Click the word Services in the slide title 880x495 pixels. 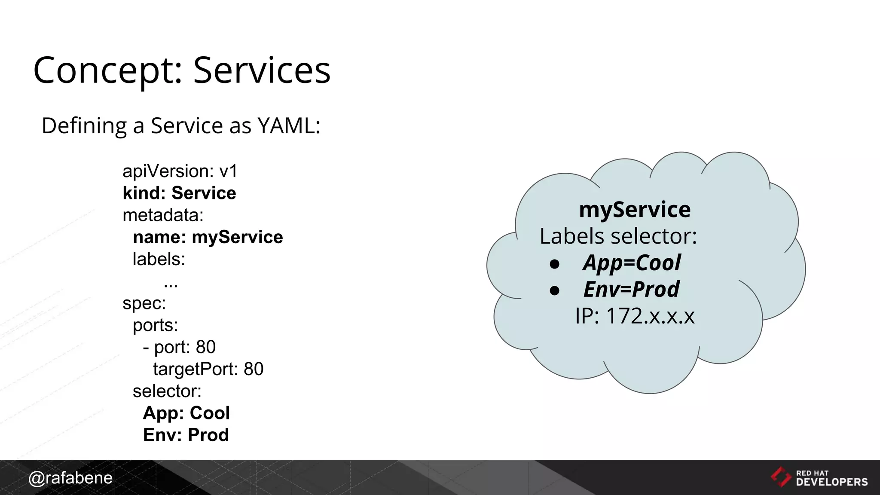click(262, 70)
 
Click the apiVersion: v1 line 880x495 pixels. click(180, 171)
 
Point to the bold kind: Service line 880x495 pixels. click(179, 193)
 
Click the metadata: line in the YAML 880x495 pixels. click(163, 215)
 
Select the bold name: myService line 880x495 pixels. click(208, 237)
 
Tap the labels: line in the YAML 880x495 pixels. click(159, 259)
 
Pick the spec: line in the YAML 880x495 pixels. click(144, 303)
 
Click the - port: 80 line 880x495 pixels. click(179, 347)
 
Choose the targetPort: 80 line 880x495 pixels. click(208, 369)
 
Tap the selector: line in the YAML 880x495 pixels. click(167, 391)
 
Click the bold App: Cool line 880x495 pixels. click(186, 413)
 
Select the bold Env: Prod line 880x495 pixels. click(186, 435)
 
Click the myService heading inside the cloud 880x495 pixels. click(635, 210)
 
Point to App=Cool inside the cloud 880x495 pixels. click(632, 263)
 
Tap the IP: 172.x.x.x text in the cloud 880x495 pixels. click(635, 316)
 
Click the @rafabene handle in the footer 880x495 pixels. click(70, 478)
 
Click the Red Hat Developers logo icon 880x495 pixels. click(781, 477)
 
